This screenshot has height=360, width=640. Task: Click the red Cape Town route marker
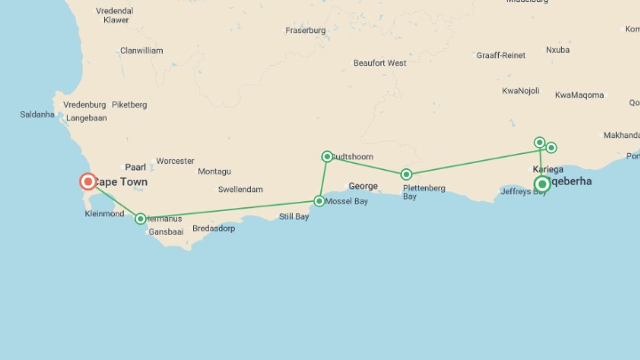[x=88, y=182]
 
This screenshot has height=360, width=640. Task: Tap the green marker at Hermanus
[x=141, y=219]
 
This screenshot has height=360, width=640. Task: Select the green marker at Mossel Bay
[x=319, y=201]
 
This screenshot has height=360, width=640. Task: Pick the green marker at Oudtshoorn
[x=327, y=156]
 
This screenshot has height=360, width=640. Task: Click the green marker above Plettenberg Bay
[x=406, y=174]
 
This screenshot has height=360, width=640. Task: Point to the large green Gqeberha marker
[x=542, y=184]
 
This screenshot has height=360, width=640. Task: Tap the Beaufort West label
[x=380, y=63]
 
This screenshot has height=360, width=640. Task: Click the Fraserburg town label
[x=305, y=30]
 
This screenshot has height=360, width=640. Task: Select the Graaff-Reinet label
[x=500, y=55]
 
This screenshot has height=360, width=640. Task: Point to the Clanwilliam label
[x=141, y=51]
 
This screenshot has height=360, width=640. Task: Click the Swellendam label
[x=240, y=189]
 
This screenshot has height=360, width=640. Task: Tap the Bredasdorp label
[x=213, y=228]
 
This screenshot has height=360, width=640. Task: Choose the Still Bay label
[x=294, y=216]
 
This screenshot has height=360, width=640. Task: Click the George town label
[x=363, y=186]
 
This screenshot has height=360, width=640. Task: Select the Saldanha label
[x=37, y=114]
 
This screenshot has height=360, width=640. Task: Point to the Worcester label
[x=175, y=161]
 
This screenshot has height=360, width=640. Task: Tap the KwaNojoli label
[x=520, y=91]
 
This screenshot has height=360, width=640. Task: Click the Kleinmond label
[x=104, y=214]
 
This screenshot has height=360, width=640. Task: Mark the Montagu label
[x=214, y=171]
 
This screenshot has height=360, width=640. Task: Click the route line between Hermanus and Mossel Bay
[x=230, y=209]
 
